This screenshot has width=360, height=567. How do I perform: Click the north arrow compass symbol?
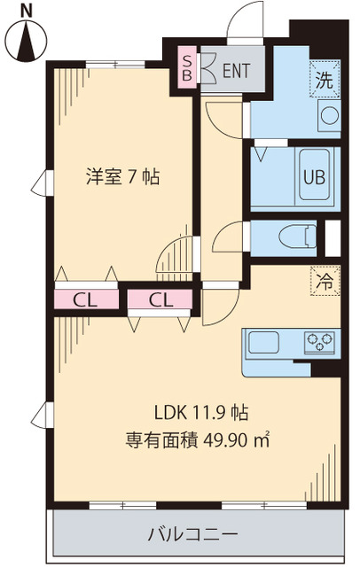29,41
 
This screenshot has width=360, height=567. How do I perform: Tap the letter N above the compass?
27,9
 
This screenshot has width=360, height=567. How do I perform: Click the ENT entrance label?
235,72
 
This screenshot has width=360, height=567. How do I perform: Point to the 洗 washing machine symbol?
325,78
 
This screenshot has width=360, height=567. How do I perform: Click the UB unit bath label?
315,175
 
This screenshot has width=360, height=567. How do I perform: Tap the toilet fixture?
300,237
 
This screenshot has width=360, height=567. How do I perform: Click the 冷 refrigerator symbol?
325,283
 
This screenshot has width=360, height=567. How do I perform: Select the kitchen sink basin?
265,341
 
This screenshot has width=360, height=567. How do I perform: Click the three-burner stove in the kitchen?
320,340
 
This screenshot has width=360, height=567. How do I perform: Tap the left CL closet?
84,299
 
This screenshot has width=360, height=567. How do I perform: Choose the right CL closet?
160,299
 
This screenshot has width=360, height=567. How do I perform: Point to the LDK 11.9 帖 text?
200,412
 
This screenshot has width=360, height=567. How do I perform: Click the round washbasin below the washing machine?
327,114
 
